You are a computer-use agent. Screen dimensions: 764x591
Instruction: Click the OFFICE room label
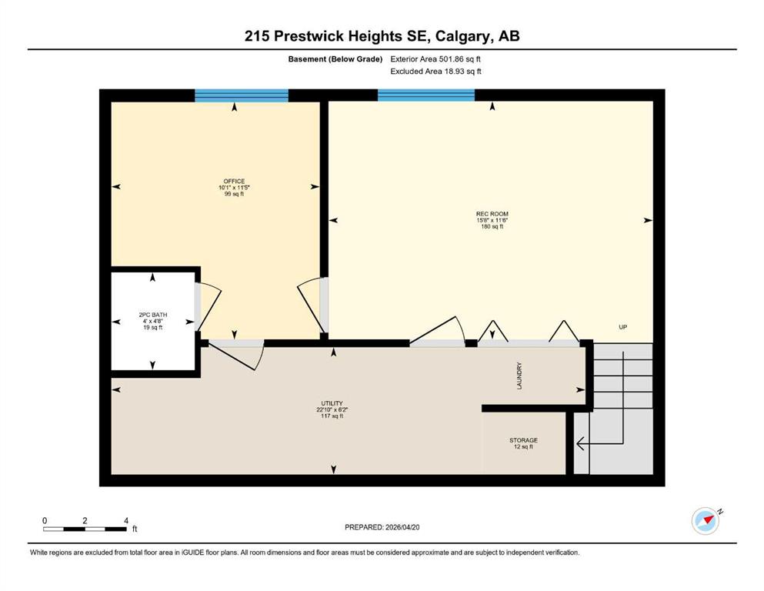tap(234, 182)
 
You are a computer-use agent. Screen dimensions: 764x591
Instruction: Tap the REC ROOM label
tap(492, 214)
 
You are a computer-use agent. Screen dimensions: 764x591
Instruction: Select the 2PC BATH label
tap(153, 315)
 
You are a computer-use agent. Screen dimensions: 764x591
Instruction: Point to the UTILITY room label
tap(332, 403)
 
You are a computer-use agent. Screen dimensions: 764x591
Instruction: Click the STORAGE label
tap(523, 440)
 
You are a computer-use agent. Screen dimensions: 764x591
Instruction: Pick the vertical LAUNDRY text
tap(519, 376)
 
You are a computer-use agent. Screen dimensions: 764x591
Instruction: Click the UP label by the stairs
tap(622, 327)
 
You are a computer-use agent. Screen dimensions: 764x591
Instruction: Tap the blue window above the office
tap(242, 95)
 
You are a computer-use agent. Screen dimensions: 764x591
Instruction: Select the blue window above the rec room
tap(426, 95)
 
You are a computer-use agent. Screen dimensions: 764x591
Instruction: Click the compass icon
tap(706, 521)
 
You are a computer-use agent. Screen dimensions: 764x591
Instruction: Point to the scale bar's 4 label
tap(126, 520)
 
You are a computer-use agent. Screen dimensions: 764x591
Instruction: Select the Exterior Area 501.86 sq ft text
tap(435, 59)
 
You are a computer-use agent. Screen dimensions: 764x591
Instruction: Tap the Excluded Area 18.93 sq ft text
tap(436, 71)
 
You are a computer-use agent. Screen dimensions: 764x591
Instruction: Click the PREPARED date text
tap(382, 527)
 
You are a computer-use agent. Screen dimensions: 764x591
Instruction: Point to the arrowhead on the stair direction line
tap(580, 443)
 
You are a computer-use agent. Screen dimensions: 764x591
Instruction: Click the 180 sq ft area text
tap(492, 226)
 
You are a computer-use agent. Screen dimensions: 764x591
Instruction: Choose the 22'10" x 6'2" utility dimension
tap(332, 409)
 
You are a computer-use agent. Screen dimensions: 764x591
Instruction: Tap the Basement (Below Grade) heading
tap(335, 59)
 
